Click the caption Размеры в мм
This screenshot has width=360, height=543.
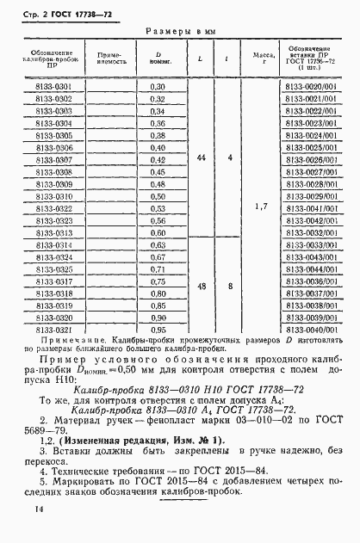[178, 31]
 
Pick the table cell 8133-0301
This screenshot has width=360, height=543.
[52, 87]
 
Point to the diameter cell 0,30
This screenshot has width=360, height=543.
[157, 87]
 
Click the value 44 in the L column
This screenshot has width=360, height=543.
[201, 159]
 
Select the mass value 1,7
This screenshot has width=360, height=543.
[263, 207]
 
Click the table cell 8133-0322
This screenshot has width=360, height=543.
[52, 208]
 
